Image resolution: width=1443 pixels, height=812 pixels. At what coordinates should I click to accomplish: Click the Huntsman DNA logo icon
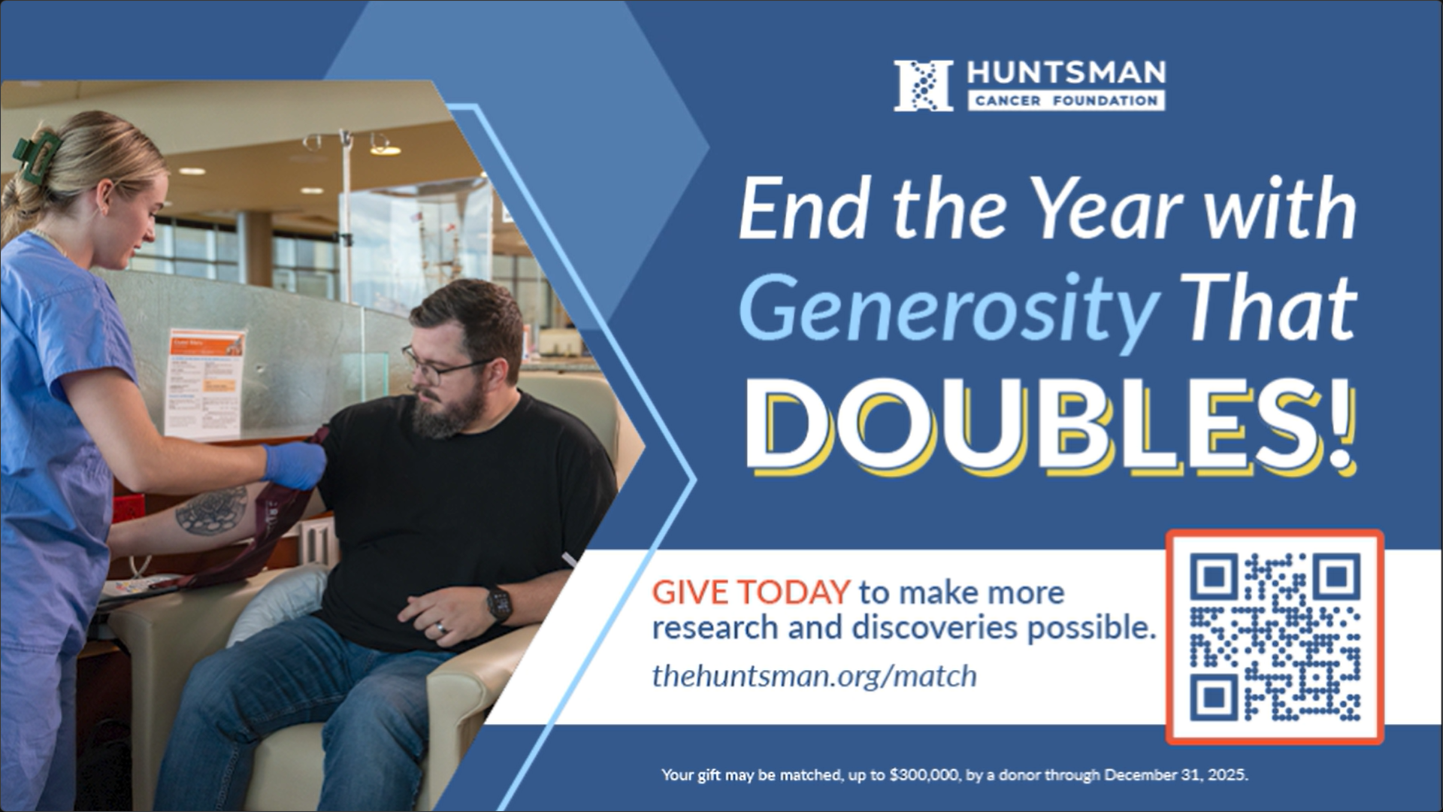(924, 86)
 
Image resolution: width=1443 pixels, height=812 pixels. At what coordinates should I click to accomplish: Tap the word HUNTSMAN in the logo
(1066, 73)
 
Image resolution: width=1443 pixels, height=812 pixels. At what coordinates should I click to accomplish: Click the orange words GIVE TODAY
(751, 592)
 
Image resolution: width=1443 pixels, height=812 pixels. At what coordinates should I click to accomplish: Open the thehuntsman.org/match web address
(815, 676)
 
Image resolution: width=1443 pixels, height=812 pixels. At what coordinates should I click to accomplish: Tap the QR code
(1275, 638)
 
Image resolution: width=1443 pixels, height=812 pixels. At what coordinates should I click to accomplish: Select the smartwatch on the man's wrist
(499, 603)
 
